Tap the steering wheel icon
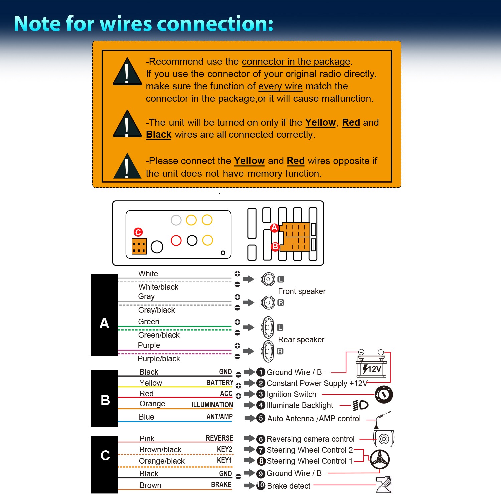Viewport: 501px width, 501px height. [380, 460]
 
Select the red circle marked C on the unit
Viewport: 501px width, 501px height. [138, 232]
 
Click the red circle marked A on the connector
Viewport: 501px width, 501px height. [274, 228]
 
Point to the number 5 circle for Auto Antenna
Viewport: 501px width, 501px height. [261, 418]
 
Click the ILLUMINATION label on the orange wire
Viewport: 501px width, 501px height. [212, 405]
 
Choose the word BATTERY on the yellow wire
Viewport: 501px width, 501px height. [220, 382]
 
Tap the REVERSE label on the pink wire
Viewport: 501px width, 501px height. [219, 438]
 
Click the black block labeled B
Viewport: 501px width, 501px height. [104, 398]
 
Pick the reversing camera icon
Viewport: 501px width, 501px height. [384, 438]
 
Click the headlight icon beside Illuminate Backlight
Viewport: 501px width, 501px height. [360, 405]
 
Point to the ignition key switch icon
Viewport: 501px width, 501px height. [384, 394]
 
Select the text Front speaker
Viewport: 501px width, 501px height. [302, 291]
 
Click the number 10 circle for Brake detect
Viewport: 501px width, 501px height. [261, 485]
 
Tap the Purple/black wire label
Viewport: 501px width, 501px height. [159, 359]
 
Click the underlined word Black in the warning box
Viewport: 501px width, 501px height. [159, 134]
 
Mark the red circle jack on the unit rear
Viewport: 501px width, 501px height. [176, 240]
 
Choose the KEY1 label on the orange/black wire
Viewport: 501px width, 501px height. [224, 460]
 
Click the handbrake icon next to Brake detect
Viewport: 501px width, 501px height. [384, 485]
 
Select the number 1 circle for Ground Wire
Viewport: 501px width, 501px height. [261, 372]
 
